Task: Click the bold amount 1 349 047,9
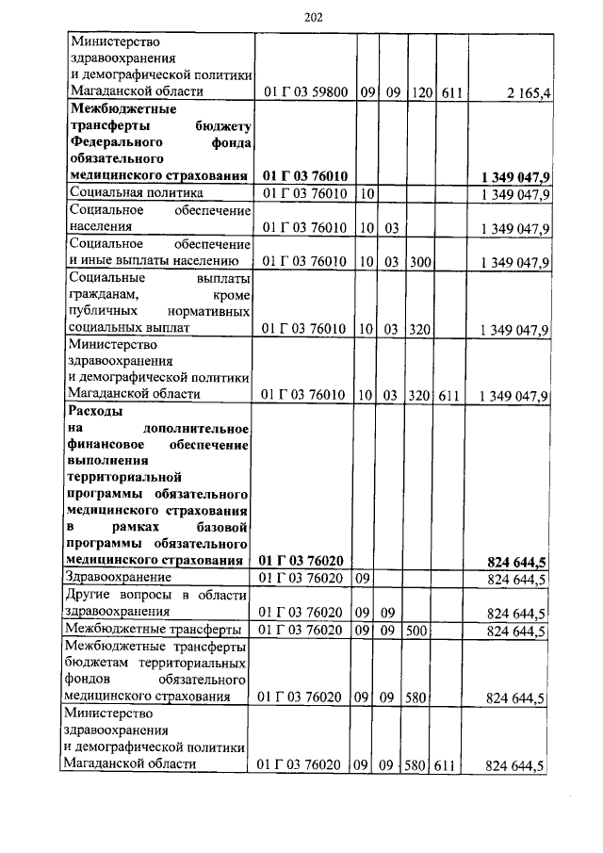click(513, 176)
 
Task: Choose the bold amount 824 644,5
click(517, 562)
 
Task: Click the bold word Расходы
click(96, 411)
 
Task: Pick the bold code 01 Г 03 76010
click(306, 176)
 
